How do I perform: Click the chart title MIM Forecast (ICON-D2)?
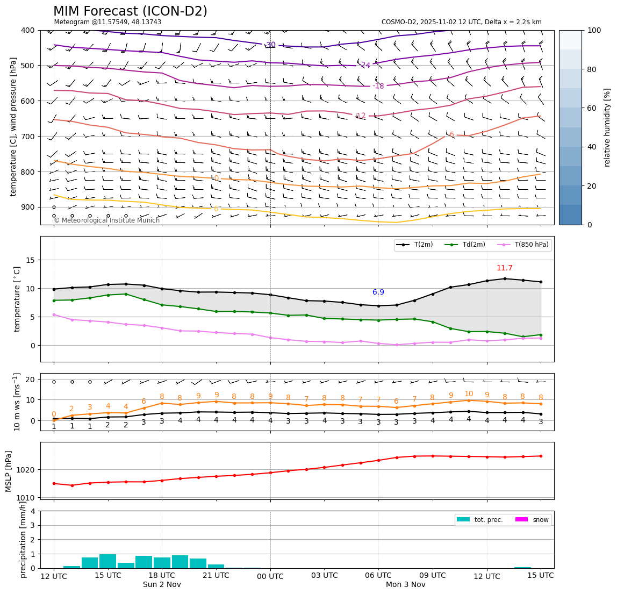tap(130, 11)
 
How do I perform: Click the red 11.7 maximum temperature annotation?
tap(504, 268)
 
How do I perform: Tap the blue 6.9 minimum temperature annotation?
tap(378, 292)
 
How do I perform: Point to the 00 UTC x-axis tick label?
tap(270, 576)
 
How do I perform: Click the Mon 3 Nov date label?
tap(405, 585)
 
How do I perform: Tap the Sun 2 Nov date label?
tap(162, 585)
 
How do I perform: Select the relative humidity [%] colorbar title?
tap(607, 127)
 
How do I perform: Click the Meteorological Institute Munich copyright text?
tap(107, 220)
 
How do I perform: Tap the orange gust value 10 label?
tap(469, 394)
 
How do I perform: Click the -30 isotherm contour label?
tap(270, 45)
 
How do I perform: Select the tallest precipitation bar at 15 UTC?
tap(107, 561)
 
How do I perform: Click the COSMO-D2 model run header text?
tap(461, 22)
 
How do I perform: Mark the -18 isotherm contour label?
tap(378, 86)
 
